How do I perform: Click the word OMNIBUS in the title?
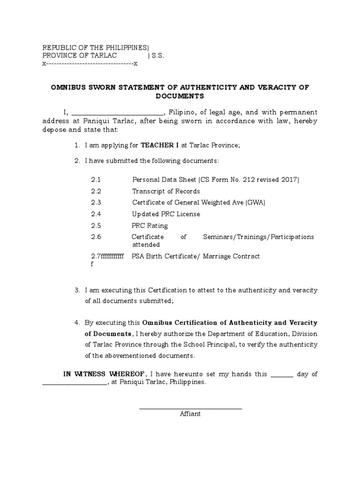(x=67, y=88)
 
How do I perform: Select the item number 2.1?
(x=96, y=180)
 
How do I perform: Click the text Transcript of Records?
(x=166, y=191)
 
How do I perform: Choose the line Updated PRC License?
(x=166, y=214)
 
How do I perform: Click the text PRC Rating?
(x=150, y=225)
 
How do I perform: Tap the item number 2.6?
(x=96, y=237)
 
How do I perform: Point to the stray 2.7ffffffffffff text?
(x=107, y=257)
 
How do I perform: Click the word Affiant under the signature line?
(x=190, y=414)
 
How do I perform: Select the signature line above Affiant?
(x=190, y=408)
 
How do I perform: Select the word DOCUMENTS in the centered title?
(x=180, y=96)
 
